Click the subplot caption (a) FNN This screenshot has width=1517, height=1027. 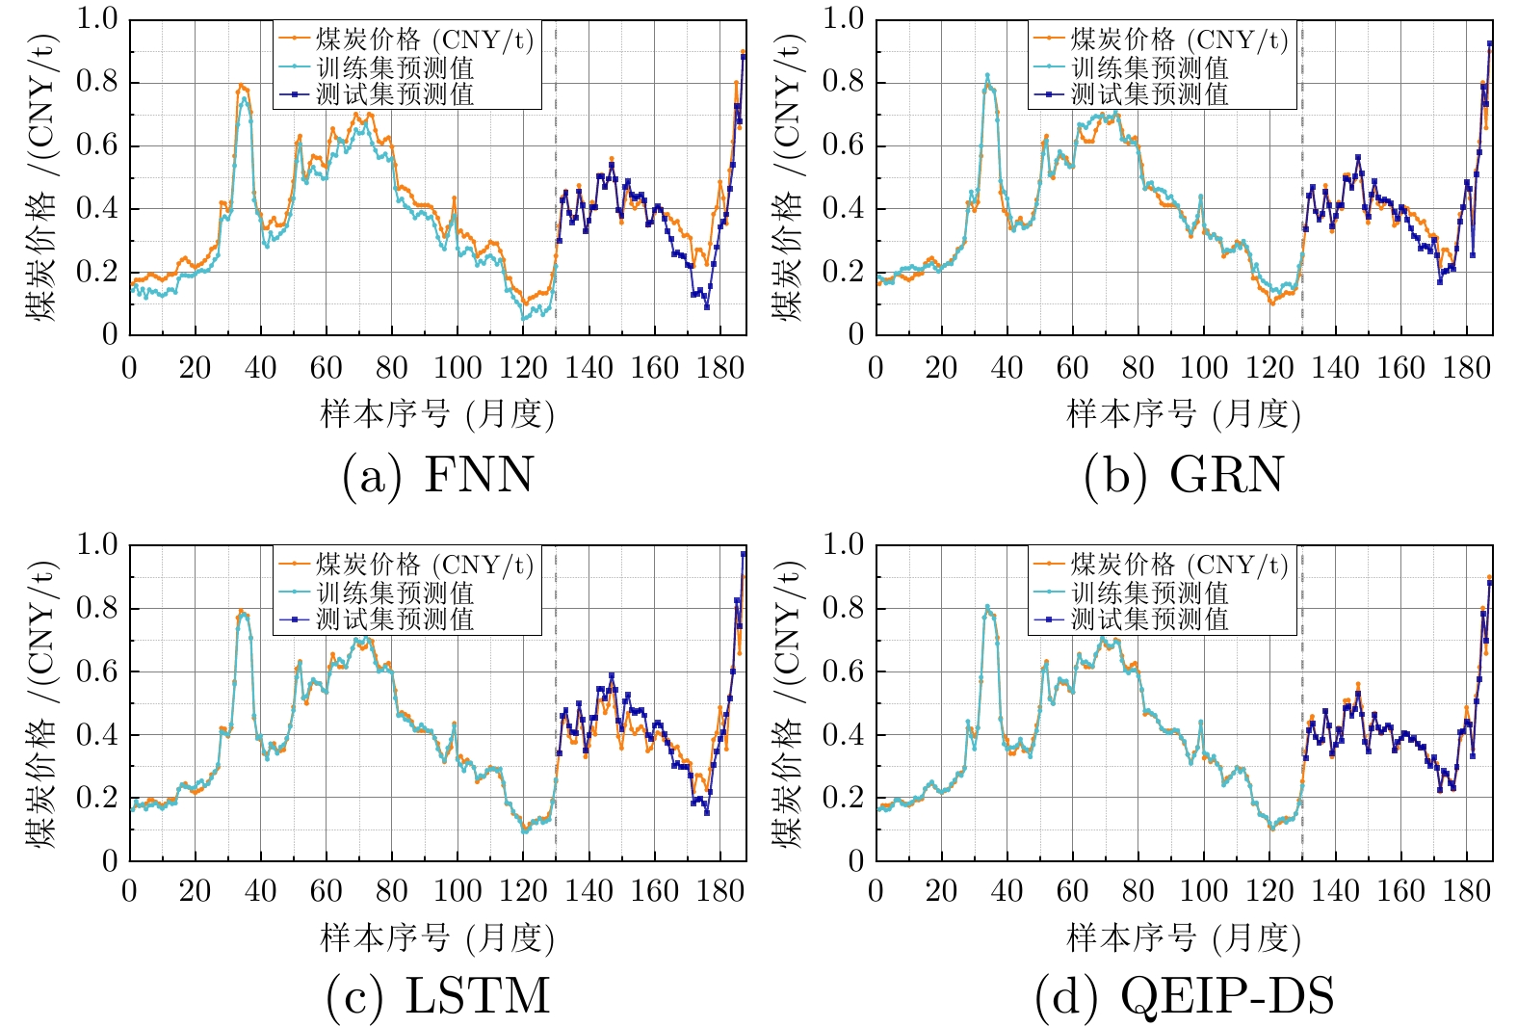[438, 475]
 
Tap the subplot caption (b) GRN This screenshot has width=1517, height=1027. [1184, 475]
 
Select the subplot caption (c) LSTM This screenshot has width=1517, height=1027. [438, 997]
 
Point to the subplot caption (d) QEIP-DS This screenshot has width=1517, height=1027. [1184, 997]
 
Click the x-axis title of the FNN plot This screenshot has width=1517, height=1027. [437, 414]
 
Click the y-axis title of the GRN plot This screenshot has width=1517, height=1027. [789, 178]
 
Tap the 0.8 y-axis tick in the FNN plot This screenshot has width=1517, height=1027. [96, 83]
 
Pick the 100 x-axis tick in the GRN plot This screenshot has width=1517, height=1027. [1204, 367]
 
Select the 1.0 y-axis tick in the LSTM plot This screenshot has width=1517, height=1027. [96, 545]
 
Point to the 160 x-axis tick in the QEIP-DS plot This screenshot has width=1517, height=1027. [1400, 891]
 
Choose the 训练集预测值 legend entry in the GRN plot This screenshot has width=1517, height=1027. [1150, 67]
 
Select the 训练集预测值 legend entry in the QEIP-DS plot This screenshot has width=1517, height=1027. [1150, 592]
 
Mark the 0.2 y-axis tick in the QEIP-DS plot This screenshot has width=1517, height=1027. [843, 799]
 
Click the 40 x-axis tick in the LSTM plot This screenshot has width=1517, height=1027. [260, 891]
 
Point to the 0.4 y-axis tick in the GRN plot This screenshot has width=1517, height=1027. [843, 209]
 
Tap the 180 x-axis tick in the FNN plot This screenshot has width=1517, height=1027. [720, 367]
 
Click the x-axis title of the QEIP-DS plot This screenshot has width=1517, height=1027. [1184, 937]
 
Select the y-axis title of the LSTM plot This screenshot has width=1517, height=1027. [42, 703]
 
